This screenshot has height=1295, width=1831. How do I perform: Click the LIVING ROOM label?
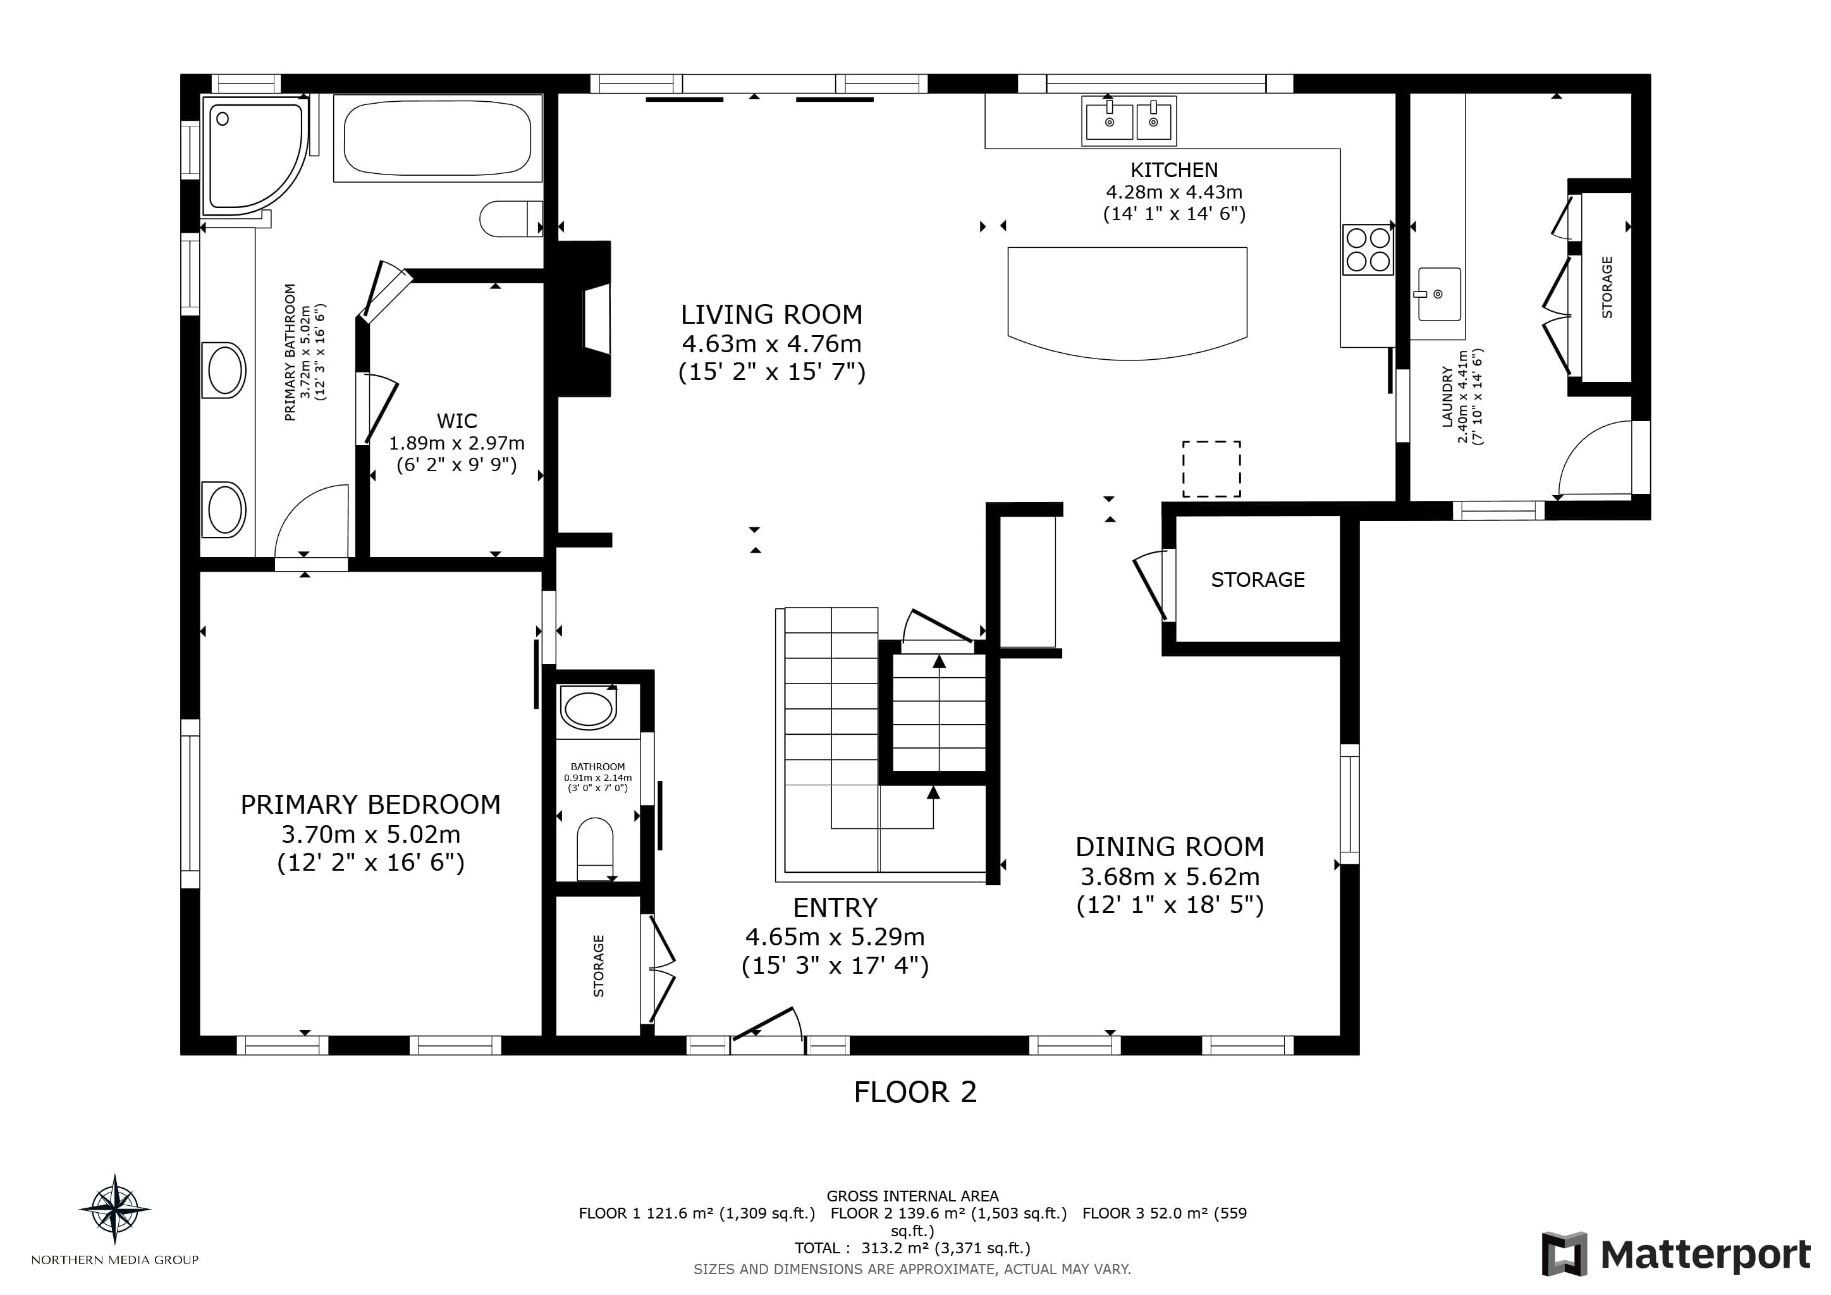[x=771, y=314]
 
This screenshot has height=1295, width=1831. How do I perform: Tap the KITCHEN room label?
[x=1174, y=170]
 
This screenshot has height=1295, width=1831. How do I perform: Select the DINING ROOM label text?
[x=1170, y=846]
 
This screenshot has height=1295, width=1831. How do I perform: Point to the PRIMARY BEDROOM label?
[x=371, y=804]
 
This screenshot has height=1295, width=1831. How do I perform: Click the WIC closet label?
[x=457, y=421]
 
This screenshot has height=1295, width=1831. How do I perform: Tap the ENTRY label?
[x=835, y=907]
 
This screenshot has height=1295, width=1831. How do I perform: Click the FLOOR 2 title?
[x=915, y=1091]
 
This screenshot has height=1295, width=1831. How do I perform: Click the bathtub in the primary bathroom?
[x=438, y=138]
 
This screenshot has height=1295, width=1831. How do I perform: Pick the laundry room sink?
[x=1440, y=294]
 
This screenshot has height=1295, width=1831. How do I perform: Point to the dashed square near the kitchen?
[x=1211, y=469]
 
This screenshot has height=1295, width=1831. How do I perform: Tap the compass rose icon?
[x=115, y=1209]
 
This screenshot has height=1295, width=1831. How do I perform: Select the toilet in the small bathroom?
[x=595, y=849]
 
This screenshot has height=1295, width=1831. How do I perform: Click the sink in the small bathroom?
[x=589, y=709]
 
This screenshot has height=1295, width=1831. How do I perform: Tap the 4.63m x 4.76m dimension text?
[x=771, y=344]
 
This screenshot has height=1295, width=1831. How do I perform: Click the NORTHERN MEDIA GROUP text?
[x=115, y=1260]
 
